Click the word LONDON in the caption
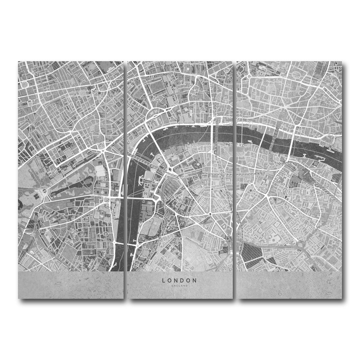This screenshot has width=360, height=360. point(179,280)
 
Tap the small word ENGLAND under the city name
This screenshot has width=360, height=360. point(179,286)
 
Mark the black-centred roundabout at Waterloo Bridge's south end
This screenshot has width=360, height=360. point(170,170)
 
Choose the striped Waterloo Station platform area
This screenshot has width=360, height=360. point(170,188)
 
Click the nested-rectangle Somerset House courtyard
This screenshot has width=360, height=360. point(154,124)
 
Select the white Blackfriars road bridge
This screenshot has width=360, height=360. point(215,135)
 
